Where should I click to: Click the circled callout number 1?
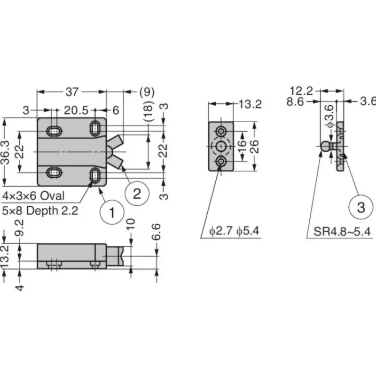[x=112, y=212]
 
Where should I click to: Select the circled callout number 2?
[x=137, y=194]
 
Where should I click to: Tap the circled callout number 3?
[x=361, y=207]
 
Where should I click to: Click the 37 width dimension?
[x=72, y=92]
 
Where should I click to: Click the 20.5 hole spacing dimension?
[x=76, y=110]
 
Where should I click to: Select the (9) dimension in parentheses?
[x=147, y=92]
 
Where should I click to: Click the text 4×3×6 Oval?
[x=33, y=196]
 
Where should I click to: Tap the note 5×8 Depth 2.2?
[x=40, y=211]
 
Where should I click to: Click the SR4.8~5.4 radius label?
[x=342, y=232]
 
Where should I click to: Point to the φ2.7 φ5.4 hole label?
[x=234, y=231]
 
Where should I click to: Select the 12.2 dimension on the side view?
[x=301, y=91]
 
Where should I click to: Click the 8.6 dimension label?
[x=295, y=102]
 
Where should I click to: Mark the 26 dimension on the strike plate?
[x=255, y=146]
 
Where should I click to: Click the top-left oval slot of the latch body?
[x=55, y=131]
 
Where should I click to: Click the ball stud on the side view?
[x=325, y=146]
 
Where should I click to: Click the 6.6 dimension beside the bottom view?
[x=156, y=232]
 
